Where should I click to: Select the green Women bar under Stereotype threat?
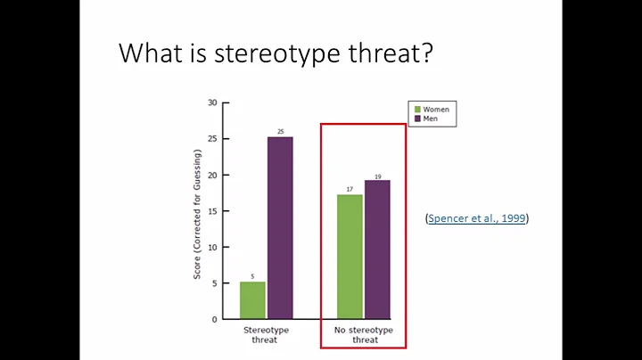[x=252, y=300]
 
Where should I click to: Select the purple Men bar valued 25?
[x=280, y=228]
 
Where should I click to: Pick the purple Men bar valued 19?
[x=377, y=250]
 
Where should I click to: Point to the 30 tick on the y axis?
[x=212, y=102]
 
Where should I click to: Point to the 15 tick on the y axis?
[x=212, y=210]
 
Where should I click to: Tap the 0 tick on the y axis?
[x=214, y=319]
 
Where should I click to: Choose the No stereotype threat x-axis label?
[x=364, y=334]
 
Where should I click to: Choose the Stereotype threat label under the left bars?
[x=266, y=334]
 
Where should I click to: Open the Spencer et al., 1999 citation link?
[x=477, y=218]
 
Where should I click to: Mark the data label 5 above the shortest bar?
[x=252, y=276]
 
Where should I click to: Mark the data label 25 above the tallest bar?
[x=280, y=132]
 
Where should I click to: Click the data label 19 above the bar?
[x=377, y=176]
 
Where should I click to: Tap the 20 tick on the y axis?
[x=212, y=175]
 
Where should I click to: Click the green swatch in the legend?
[x=416, y=109]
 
